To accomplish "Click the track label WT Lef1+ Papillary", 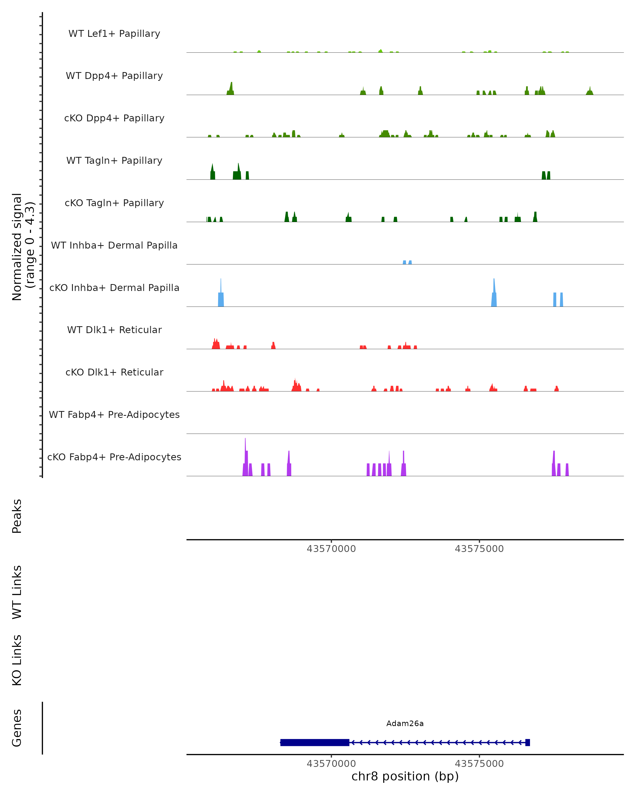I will (x=114, y=34).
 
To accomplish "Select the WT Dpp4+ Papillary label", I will (x=114, y=76).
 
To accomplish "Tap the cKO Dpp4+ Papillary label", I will (x=114, y=118).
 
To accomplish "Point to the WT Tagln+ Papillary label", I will (x=114, y=161).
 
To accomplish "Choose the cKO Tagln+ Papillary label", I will (x=114, y=203).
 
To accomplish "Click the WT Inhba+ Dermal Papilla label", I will (x=114, y=246).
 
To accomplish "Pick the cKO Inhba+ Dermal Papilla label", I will (x=114, y=288).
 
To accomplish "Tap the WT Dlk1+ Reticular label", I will (x=114, y=330).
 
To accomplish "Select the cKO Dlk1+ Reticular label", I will (x=114, y=372).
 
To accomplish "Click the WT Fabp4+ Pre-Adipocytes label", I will (x=114, y=415).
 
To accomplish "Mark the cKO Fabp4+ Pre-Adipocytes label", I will (x=114, y=457).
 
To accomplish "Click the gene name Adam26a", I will (x=405, y=723).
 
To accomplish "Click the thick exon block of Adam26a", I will (x=315, y=742).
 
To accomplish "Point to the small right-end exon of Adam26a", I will (x=527, y=742).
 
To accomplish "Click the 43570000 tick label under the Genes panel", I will (x=331, y=764).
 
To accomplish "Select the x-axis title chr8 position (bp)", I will (x=405, y=776).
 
